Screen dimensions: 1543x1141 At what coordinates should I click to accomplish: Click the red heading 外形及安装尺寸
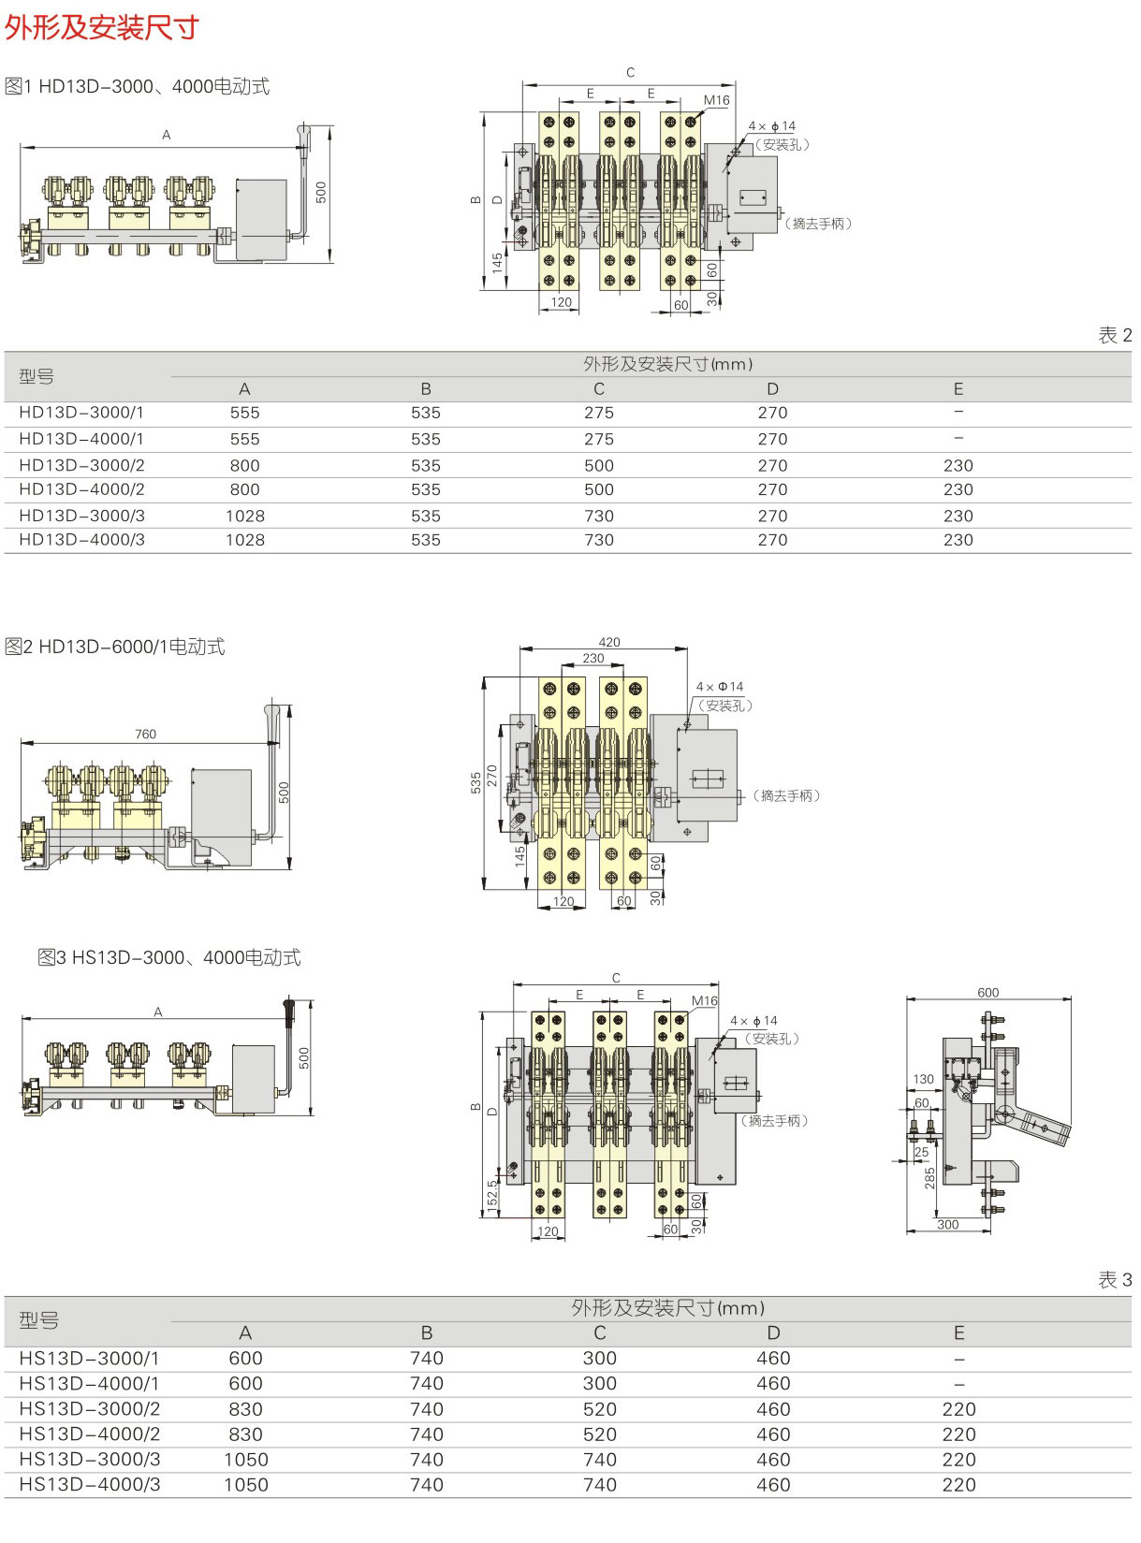point(102,27)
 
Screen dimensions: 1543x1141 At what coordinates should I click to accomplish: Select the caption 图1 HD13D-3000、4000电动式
point(138,87)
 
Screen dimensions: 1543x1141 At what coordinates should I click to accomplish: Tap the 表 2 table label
point(1114,335)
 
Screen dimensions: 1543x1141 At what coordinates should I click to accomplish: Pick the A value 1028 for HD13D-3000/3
point(245,516)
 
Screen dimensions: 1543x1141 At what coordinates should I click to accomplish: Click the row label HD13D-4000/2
point(82,489)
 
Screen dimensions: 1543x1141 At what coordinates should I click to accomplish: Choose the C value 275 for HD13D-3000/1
point(599,413)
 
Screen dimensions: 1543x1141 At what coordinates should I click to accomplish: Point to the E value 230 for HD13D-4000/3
point(958,540)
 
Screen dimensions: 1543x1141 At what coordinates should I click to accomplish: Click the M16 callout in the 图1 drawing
point(716,100)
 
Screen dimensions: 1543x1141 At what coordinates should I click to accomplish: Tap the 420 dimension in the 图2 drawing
point(609,642)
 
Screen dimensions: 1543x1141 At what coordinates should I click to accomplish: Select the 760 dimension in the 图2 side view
point(145,734)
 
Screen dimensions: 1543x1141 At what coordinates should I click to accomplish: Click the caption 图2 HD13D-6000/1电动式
point(115,647)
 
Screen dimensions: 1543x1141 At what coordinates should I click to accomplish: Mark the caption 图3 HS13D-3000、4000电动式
point(169,957)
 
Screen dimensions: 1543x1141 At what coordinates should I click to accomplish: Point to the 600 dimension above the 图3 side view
point(987,993)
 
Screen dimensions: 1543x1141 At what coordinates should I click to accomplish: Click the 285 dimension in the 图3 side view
point(929,1177)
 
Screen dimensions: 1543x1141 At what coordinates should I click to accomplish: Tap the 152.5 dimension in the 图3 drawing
point(492,1196)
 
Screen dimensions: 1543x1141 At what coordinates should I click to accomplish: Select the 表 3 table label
point(1114,1279)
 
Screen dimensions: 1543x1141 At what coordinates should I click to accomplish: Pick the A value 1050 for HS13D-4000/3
point(246,1485)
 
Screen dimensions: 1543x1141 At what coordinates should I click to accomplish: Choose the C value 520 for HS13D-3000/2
point(600,1409)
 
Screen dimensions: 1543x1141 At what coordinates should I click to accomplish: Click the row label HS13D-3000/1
point(89,1359)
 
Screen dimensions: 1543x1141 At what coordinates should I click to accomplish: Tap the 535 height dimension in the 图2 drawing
point(476,782)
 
